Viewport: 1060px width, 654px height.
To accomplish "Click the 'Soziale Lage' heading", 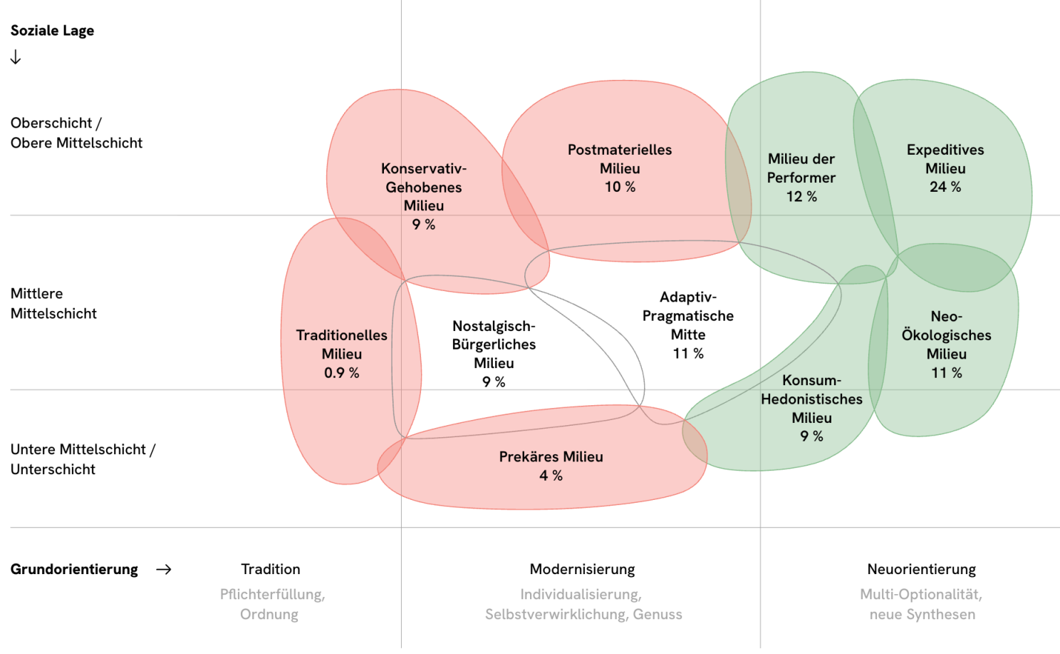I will click(x=52, y=31).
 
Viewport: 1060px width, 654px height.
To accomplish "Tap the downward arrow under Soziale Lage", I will click(x=16, y=58).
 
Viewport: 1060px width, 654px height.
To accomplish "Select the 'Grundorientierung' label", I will click(x=74, y=569).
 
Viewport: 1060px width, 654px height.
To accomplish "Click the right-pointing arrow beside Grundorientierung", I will click(x=164, y=569).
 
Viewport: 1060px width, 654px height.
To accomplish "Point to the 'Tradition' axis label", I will click(x=271, y=569).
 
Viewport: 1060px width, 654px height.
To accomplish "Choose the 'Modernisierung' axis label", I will click(x=582, y=569).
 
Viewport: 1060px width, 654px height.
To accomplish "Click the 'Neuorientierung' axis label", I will click(x=921, y=569).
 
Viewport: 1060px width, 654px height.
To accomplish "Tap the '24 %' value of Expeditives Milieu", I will click(x=945, y=187).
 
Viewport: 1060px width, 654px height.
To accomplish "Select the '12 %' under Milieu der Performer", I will click(x=801, y=197).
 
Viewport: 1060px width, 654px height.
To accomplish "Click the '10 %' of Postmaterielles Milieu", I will click(x=620, y=187).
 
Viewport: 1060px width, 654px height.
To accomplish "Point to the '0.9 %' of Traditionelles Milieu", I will click(x=341, y=373).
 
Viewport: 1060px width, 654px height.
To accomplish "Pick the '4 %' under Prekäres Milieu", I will click(x=551, y=476).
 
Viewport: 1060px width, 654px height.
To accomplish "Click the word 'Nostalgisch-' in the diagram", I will click(x=494, y=326).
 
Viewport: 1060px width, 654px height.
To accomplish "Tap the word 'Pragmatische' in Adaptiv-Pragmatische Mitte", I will click(x=687, y=316).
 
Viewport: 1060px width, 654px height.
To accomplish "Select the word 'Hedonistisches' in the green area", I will click(x=811, y=399).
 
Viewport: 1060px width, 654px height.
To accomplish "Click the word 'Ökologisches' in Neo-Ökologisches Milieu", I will click(x=946, y=335).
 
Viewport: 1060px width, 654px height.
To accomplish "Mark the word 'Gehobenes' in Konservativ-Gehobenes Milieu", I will click(x=424, y=188).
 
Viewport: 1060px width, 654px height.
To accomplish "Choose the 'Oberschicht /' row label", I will click(x=56, y=123).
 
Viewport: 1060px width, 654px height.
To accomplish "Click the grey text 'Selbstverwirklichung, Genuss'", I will click(x=583, y=614).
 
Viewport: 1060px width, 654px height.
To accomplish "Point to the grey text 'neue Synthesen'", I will click(x=922, y=614).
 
